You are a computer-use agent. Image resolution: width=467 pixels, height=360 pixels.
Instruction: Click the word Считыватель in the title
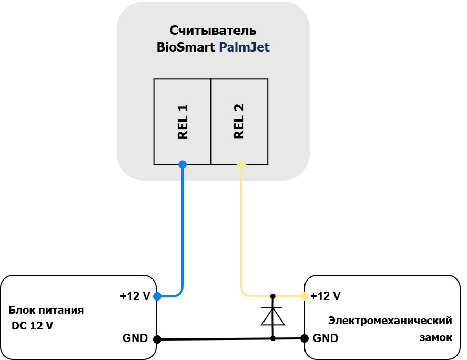coord(213,31)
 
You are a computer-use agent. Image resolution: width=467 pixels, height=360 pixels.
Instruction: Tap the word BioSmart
coord(186,47)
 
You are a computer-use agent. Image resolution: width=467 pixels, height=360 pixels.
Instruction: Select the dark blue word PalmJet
coord(244,47)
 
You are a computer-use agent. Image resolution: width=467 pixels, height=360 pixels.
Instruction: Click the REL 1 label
coord(182,122)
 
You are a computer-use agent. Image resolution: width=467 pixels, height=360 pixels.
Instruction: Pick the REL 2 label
coord(239,121)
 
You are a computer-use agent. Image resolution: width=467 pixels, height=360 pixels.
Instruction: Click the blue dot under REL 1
coord(182,164)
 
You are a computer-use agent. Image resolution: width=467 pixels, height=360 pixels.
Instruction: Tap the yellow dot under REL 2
coord(241,165)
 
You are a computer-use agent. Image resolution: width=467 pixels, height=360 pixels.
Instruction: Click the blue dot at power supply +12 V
coord(157,296)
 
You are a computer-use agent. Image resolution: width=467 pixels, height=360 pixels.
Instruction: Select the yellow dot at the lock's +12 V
coord(304,296)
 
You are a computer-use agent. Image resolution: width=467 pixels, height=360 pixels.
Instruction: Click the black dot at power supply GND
coord(157,339)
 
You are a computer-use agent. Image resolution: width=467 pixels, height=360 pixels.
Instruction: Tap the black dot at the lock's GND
coord(304,338)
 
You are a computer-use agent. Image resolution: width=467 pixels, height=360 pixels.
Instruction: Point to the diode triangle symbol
coord(273,316)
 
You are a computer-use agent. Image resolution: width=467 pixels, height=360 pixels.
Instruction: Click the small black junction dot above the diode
coord(273,296)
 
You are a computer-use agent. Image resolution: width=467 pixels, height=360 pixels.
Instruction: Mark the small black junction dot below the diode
coord(273,338)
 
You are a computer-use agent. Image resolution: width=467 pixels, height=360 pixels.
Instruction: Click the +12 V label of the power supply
coord(135,296)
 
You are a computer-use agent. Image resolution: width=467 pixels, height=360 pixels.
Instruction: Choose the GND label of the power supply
coord(135,338)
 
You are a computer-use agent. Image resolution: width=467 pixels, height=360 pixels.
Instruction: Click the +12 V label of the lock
coord(326,296)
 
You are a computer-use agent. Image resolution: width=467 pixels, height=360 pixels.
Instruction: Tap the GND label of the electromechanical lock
coord(326,338)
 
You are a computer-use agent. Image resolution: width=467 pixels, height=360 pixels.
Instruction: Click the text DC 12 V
coord(32,326)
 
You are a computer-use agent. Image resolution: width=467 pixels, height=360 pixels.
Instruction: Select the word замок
coord(436,338)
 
